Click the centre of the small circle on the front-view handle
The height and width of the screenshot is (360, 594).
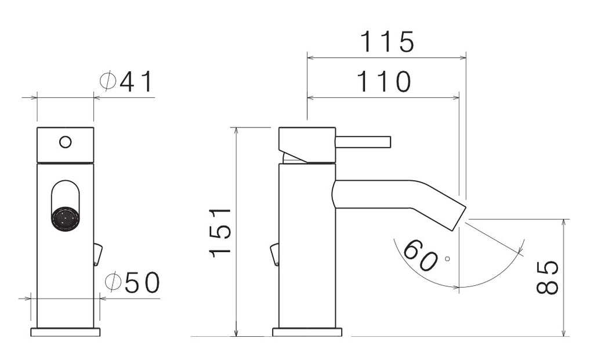(x=66, y=143)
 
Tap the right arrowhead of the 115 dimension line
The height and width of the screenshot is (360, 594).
(x=462, y=58)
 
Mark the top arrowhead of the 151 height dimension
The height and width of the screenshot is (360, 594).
(x=237, y=131)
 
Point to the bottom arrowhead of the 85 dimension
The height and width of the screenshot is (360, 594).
(x=564, y=332)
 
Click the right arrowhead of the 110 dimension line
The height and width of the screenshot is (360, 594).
(x=456, y=97)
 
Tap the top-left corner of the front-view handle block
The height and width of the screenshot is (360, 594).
(x=37, y=128)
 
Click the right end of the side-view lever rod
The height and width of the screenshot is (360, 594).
(x=390, y=142)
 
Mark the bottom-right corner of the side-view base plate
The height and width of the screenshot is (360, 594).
(x=342, y=336)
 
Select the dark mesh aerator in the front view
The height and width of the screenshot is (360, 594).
(x=65, y=219)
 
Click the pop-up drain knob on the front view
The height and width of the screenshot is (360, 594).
(x=97, y=254)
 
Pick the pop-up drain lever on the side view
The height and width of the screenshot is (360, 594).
(x=274, y=254)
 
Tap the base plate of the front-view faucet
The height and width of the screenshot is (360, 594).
(x=66, y=332)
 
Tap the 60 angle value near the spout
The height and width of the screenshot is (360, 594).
(x=420, y=255)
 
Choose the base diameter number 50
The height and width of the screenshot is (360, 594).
(x=142, y=283)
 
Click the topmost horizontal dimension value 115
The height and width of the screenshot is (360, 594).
(x=387, y=42)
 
